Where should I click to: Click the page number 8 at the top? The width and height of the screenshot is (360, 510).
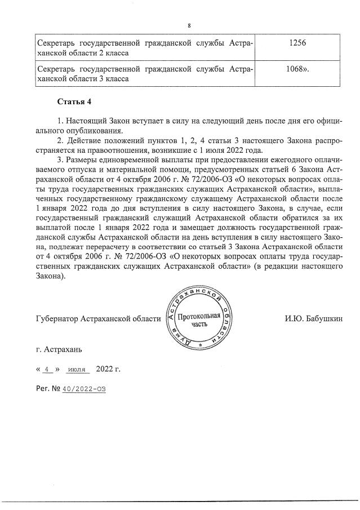click(x=189, y=25)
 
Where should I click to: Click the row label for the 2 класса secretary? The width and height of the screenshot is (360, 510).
click(x=144, y=47)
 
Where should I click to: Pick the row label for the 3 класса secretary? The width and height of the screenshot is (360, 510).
click(x=144, y=74)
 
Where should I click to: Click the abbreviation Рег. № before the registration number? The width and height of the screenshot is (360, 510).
click(x=47, y=389)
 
